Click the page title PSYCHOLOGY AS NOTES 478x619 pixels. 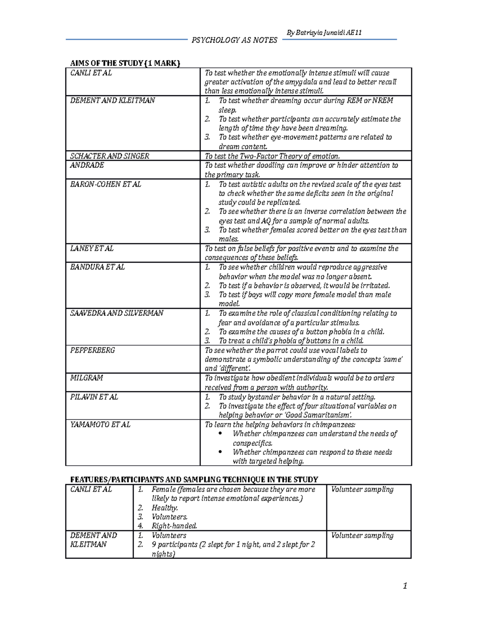point(234,40)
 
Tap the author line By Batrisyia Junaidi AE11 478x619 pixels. point(324,33)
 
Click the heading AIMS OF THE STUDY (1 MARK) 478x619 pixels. point(125,63)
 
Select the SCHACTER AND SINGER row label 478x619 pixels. point(110,156)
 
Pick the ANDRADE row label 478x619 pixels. point(87,165)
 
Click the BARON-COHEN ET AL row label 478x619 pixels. point(106,184)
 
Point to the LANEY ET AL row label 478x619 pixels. point(92,248)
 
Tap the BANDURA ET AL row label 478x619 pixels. point(97,267)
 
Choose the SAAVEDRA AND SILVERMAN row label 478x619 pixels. point(117,313)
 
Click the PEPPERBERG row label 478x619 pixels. point(92,350)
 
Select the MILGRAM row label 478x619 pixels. point(86,378)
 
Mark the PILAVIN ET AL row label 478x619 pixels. point(94,397)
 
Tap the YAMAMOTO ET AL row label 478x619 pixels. point(100,424)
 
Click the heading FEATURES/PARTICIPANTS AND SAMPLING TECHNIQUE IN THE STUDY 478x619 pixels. point(194,479)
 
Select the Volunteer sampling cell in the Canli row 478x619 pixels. point(362,489)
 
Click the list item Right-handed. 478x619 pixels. point(174,526)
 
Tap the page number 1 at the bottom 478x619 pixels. point(405,586)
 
